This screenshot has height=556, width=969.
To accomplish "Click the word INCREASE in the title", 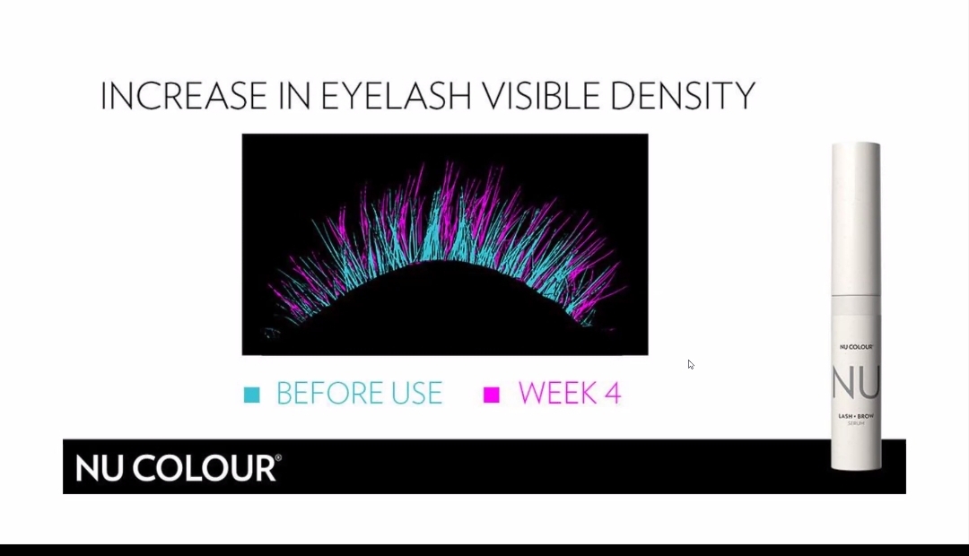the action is click(x=184, y=96).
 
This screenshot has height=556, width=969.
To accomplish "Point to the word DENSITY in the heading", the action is click(x=683, y=96).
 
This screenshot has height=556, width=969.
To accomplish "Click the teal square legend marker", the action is click(x=251, y=395).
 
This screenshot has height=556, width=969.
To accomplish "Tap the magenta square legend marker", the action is click(x=492, y=395).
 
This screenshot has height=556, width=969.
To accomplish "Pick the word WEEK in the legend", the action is click(x=557, y=394).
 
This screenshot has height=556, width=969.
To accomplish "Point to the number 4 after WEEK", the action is click(x=613, y=394).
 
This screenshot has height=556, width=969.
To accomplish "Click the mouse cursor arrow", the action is click(x=690, y=364).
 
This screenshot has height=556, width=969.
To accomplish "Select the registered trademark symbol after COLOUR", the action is click(x=279, y=457).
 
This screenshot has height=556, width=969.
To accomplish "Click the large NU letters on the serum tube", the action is click(x=855, y=383).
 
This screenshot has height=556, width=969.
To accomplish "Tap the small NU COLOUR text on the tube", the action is click(x=856, y=347).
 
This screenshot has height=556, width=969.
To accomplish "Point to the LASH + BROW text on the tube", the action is click(x=856, y=416).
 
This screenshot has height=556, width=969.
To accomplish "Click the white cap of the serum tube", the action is click(x=856, y=220).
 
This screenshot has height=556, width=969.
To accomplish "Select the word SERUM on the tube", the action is click(x=856, y=424).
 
